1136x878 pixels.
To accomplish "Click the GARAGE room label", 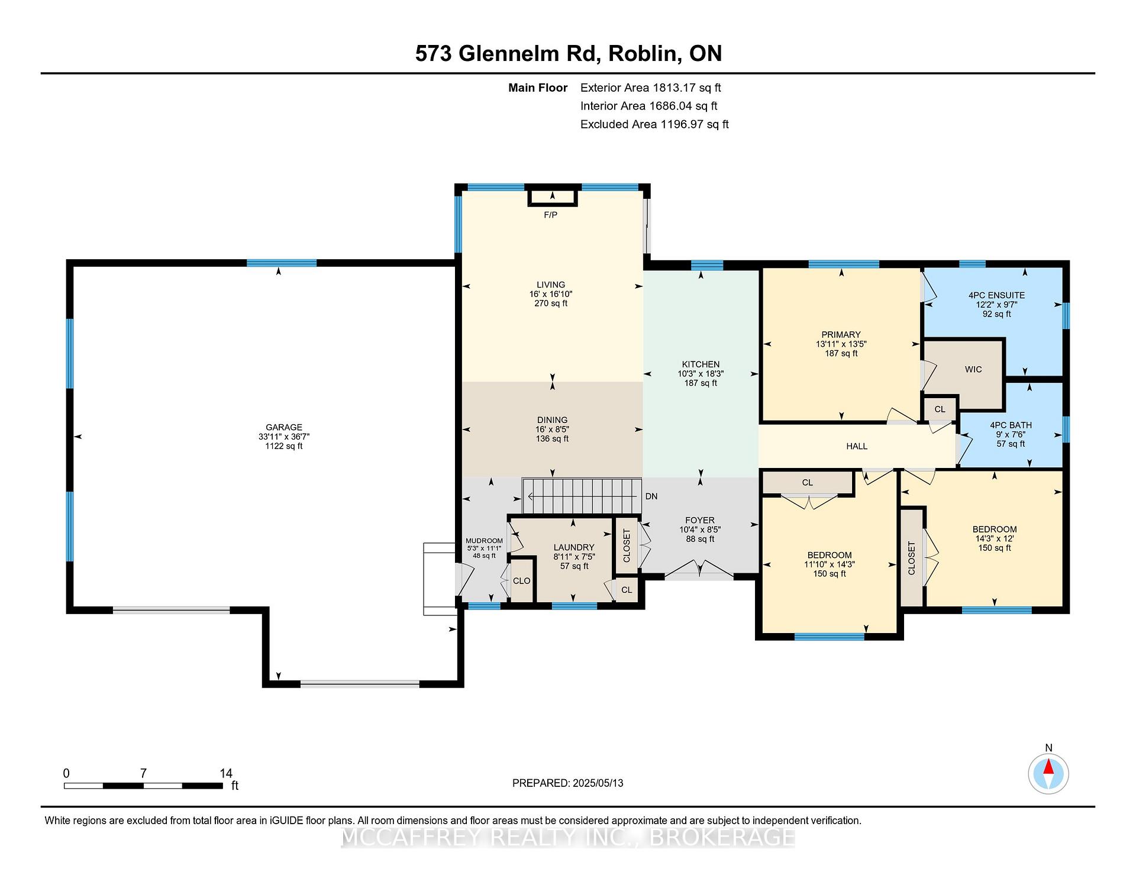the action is coord(284,427).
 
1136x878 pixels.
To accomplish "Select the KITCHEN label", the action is coord(701,364).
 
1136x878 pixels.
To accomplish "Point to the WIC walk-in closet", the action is coord(973,369).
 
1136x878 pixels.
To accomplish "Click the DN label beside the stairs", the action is coord(651,496).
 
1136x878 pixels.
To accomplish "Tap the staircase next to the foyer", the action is coord(582,496).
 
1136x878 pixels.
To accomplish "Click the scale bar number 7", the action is coord(143,773).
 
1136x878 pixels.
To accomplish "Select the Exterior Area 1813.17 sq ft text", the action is coord(650,88).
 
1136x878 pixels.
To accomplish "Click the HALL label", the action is coord(856,446).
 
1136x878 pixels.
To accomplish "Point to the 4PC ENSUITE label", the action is coord(996,295).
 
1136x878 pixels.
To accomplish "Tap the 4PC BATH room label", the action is coord(1011,425).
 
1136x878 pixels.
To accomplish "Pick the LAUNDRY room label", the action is coord(574,547).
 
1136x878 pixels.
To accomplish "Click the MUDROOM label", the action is coord(484,541).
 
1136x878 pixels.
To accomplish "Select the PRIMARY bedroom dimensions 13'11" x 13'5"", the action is coord(841,344).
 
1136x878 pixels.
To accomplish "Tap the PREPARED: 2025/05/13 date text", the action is coord(567,783).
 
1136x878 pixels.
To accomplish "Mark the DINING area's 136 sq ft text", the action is coord(552,439).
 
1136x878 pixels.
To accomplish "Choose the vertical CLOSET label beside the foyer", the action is coord(627,545).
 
